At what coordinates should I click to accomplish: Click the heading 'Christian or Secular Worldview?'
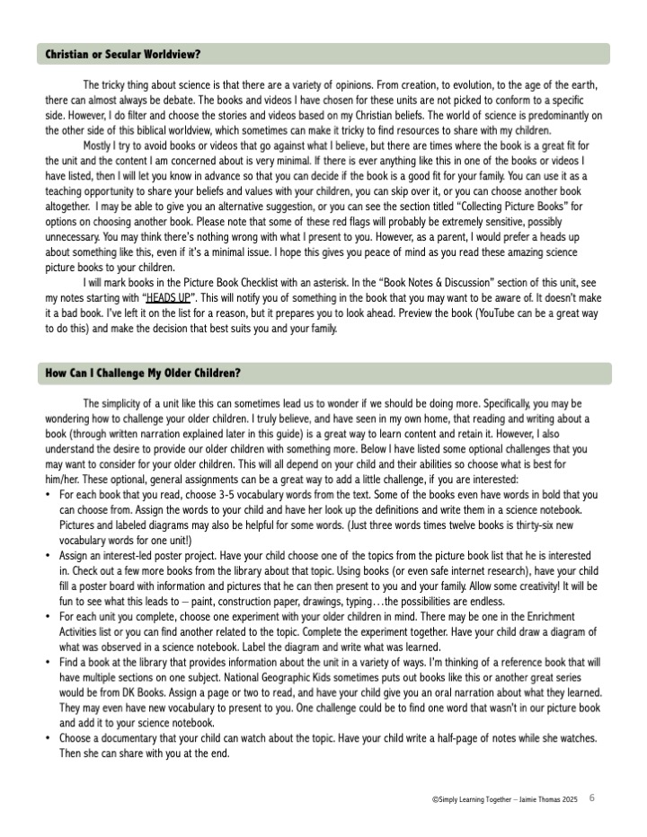(x=123, y=55)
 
